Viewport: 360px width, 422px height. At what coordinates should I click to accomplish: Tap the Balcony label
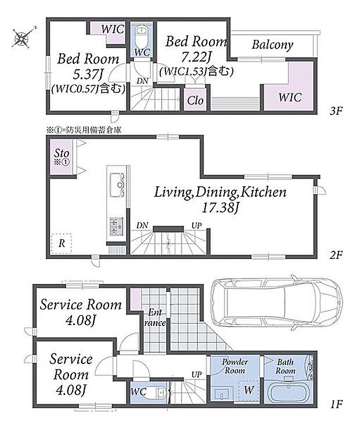(x=272, y=45)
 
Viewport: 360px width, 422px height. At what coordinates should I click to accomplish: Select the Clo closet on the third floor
(x=195, y=99)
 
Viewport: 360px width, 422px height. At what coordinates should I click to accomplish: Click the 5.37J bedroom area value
(x=89, y=74)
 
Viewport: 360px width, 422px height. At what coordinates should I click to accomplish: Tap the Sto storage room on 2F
(x=62, y=157)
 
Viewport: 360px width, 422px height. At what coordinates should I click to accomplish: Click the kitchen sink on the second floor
(x=117, y=185)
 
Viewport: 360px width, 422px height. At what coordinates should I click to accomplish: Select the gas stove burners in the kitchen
(x=117, y=226)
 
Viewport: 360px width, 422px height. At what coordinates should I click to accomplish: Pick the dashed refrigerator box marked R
(x=62, y=243)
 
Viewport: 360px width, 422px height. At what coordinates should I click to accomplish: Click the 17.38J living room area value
(x=221, y=208)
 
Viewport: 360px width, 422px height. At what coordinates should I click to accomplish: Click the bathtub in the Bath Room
(x=289, y=393)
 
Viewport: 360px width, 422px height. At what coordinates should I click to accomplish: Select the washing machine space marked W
(x=249, y=391)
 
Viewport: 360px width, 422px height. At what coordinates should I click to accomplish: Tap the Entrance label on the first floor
(x=155, y=318)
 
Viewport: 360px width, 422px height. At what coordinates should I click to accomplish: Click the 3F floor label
(x=336, y=111)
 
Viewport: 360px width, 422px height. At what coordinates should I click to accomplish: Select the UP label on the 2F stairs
(x=197, y=226)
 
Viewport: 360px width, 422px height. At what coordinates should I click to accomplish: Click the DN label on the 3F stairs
(x=142, y=81)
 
